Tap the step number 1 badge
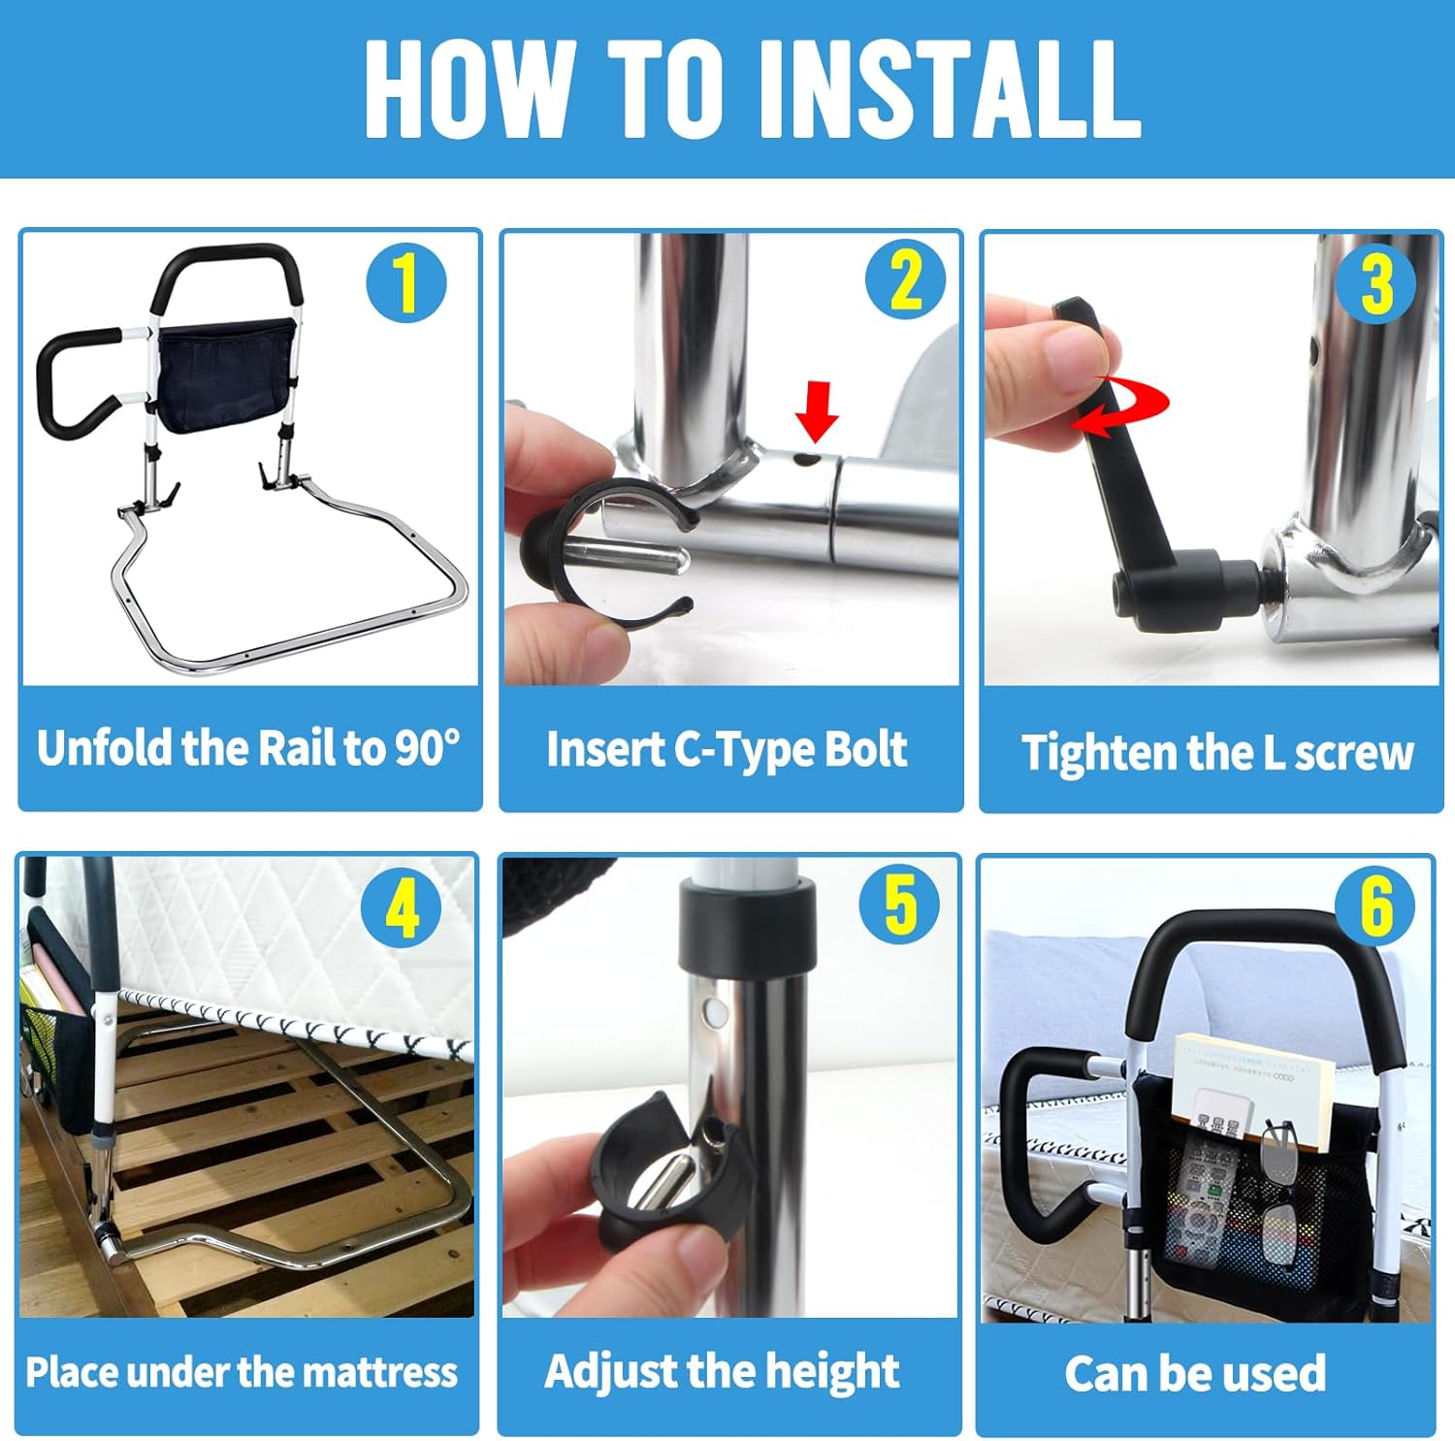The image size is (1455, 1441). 406,283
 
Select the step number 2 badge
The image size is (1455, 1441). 905,281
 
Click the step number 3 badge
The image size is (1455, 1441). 1375,283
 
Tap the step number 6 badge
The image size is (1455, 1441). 1374,905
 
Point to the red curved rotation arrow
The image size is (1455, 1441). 1125,406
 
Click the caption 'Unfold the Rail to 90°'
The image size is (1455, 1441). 249,748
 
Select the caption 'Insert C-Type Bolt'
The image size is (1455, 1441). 727,749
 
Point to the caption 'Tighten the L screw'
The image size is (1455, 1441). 1216,753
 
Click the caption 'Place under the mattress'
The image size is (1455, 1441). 242,1372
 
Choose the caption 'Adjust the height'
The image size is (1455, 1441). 722,1371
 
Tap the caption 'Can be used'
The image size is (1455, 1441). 1195,1373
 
